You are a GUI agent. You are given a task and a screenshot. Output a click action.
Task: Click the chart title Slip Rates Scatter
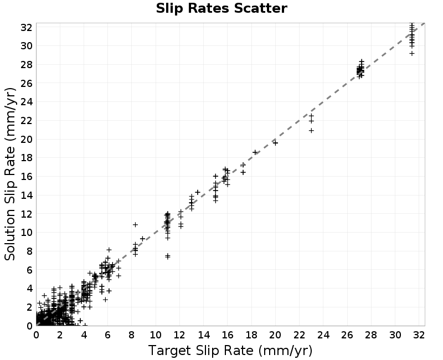point(221,8)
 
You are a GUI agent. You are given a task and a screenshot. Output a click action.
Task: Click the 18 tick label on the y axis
point(26,158)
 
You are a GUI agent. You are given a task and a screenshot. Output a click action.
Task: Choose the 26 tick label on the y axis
point(26,83)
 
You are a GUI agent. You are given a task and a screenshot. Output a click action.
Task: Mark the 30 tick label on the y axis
point(26,46)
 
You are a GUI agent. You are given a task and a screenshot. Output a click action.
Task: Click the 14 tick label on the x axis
point(203,335)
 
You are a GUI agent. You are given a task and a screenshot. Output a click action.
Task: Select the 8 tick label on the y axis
point(29,251)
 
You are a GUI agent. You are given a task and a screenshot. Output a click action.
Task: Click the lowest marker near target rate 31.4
point(412,53)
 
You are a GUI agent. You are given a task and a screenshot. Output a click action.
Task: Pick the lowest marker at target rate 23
point(311,131)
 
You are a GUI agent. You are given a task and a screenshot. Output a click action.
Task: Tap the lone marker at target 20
point(275,143)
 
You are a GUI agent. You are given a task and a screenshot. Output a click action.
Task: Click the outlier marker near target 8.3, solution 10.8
point(135,225)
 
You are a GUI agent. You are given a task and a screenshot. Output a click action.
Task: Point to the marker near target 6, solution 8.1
point(109,250)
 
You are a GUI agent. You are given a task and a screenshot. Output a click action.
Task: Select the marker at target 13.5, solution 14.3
point(198,192)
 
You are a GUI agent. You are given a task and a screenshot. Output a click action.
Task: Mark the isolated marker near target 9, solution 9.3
point(143,239)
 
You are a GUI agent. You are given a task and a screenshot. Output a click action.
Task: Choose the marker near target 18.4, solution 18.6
point(255,152)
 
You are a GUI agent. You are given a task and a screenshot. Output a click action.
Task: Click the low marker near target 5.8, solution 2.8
point(105,300)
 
